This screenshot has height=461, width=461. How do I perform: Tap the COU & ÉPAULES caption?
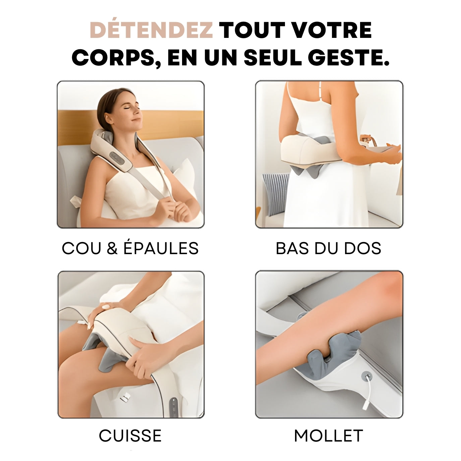pyautogui.click(x=130, y=248)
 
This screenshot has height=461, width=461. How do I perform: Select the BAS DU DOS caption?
pyautogui.click(x=328, y=248)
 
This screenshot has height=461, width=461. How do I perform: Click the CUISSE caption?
pyautogui.click(x=130, y=436)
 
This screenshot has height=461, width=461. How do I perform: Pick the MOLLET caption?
pyautogui.click(x=328, y=436)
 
